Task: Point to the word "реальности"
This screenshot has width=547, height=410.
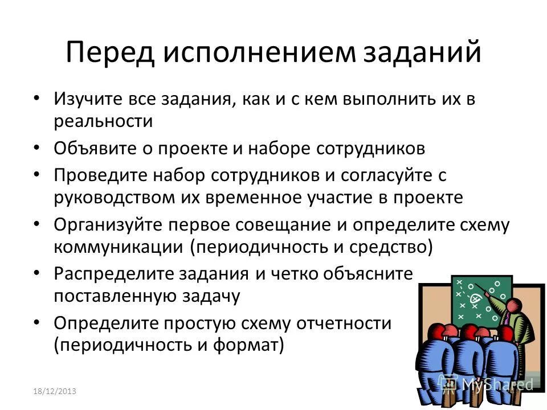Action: click(103, 121)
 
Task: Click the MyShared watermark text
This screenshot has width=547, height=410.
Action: click(495, 383)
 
